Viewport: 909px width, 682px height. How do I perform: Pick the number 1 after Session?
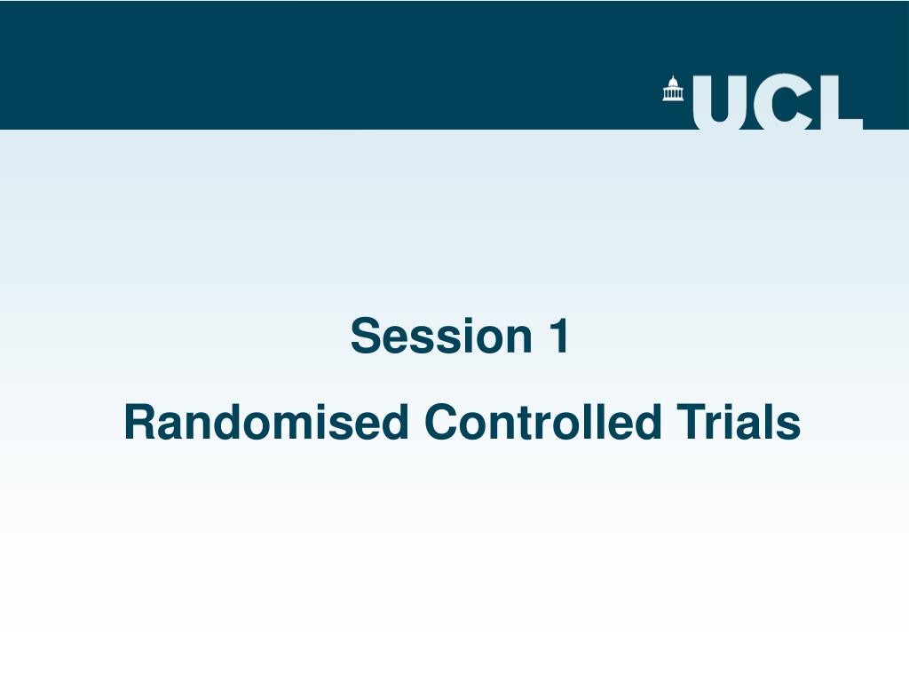click(557, 336)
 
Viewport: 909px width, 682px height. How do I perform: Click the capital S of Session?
click(364, 337)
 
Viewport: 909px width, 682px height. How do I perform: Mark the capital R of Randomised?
click(138, 423)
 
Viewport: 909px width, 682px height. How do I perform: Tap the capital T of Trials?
click(689, 423)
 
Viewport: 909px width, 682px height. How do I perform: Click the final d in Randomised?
click(395, 423)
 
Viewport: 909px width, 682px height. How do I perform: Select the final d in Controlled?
click(649, 423)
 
